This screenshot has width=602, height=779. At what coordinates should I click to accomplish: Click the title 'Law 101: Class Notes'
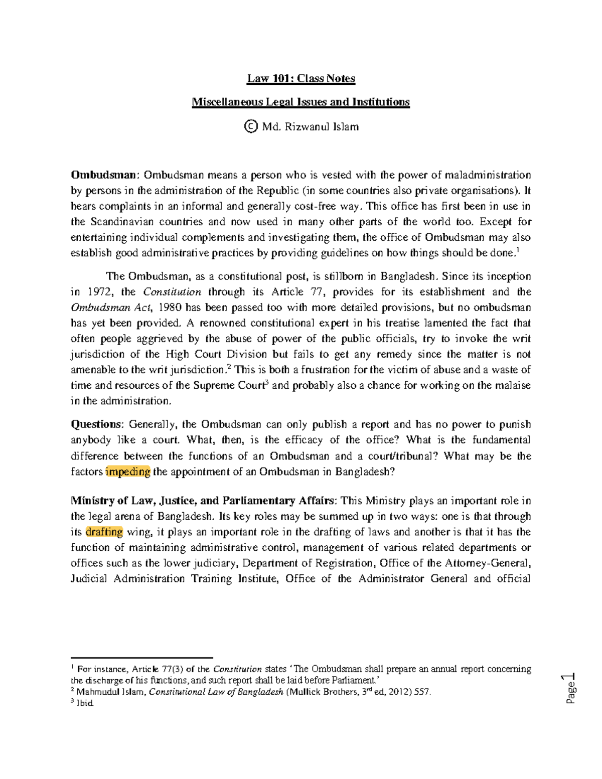tap(301, 79)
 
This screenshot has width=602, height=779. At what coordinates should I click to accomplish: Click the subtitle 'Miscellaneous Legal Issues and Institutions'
tap(301, 102)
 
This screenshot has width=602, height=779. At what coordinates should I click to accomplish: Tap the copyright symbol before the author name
tap(250, 126)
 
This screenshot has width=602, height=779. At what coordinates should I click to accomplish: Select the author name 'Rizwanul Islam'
tap(322, 126)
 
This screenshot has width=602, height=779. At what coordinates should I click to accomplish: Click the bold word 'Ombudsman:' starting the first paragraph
tap(104, 175)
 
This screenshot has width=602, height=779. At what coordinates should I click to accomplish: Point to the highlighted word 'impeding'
tap(128, 472)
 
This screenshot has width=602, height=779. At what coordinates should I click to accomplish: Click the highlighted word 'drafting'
tap(104, 532)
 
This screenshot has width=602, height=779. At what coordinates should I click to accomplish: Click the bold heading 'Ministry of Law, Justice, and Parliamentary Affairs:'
tap(203, 501)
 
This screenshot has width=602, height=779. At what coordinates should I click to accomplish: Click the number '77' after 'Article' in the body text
tap(319, 292)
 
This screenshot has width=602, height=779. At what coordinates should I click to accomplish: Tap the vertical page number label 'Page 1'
tap(570, 689)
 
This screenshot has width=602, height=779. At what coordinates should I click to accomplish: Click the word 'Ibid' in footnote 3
tap(85, 703)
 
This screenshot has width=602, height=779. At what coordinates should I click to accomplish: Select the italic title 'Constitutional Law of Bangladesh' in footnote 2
tap(216, 692)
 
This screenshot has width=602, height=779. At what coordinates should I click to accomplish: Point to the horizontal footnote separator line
tap(142, 657)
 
